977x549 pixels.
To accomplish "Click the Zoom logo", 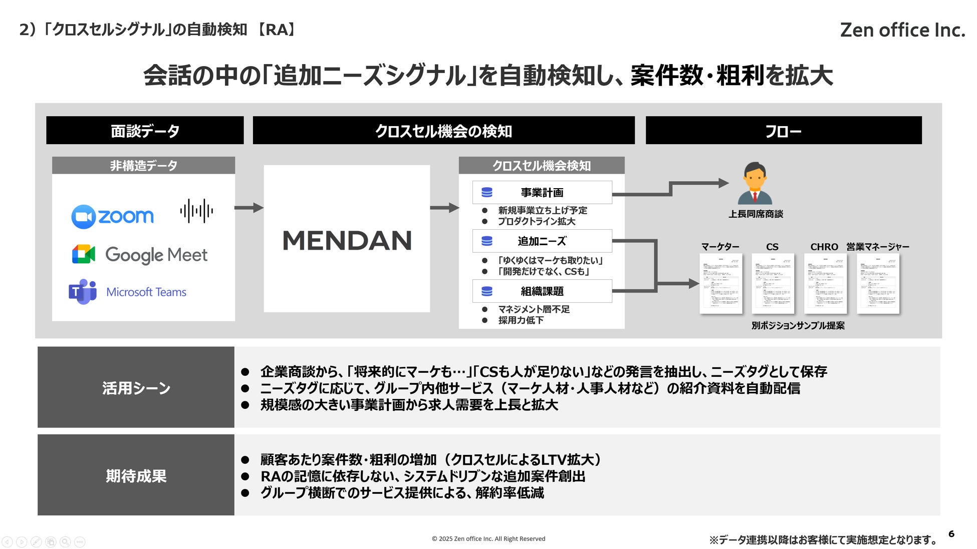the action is pos(112,216).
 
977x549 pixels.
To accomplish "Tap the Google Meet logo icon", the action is pos(84,254).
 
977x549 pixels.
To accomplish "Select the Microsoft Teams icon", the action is pos(83,291).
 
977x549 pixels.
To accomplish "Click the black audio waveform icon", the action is pos(196,211).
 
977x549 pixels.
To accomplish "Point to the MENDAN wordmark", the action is pos(347,241).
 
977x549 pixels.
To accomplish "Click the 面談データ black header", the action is pos(145,131).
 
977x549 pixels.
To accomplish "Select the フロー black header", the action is pos(783,131).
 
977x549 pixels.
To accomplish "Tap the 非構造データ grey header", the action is pos(143,166).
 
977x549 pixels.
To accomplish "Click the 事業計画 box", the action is pos(542,193).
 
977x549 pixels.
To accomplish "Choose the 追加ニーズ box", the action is pos(542,241).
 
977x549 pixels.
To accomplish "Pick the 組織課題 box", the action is pos(542,291).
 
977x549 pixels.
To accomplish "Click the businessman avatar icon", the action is pos(755,183).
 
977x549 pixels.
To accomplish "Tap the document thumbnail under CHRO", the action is pos(825,283).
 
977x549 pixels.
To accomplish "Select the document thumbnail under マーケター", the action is pos(720,283).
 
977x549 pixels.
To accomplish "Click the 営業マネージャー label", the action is pos(877,247).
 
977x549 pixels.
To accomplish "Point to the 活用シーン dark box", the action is pos(136,387).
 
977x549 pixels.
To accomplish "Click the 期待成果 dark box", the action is pos(136,475).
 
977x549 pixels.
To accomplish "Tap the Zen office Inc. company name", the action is pos(902,30).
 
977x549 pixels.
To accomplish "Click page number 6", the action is pos(951,533).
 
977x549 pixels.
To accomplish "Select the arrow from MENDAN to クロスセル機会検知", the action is pos(444,208).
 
